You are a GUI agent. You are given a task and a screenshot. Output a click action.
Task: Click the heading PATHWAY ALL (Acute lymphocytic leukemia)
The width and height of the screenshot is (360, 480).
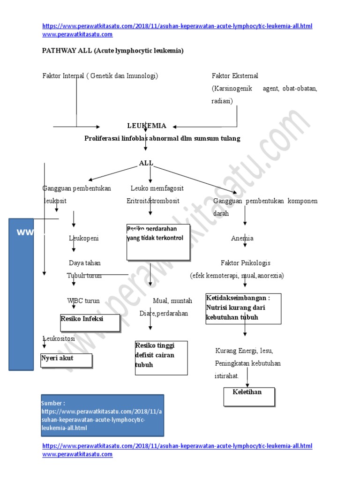(113, 51)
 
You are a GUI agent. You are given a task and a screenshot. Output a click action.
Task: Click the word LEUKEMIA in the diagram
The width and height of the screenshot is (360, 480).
(146, 126)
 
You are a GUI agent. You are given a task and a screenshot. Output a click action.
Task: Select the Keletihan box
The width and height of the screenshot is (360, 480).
(249, 396)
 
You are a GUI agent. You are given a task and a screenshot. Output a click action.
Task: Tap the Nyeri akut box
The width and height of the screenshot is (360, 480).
(66, 360)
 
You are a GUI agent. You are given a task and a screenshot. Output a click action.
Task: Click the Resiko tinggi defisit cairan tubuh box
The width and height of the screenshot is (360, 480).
(161, 358)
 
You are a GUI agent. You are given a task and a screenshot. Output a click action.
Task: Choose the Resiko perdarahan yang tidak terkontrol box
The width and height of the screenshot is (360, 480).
(158, 242)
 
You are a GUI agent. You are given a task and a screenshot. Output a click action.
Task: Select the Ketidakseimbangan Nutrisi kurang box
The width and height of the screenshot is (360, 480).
(243, 308)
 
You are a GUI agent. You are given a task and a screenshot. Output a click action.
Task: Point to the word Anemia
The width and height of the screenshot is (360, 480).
(242, 238)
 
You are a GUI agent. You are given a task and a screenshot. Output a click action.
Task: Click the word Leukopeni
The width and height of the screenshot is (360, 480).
(84, 238)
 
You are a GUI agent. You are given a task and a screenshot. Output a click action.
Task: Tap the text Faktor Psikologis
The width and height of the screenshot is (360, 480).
(245, 263)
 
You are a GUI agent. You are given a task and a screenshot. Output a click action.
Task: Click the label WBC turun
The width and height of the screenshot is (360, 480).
(83, 301)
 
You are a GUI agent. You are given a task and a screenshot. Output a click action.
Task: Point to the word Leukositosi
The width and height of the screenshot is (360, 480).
(59, 338)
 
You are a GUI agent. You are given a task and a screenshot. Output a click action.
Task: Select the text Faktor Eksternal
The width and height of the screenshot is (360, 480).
(235, 75)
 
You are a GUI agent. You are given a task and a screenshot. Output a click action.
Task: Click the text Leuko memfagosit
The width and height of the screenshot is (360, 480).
(157, 188)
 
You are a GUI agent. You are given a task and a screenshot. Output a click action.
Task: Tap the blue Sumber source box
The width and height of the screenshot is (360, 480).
(102, 415)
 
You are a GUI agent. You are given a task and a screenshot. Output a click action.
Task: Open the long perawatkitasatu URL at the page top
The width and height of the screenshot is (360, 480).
(177, 26)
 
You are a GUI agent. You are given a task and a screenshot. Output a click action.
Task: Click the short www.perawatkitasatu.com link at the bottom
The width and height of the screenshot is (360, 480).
(77, 454)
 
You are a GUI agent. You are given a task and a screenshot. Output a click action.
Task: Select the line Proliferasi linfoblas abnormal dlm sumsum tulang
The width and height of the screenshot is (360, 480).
(162, 138)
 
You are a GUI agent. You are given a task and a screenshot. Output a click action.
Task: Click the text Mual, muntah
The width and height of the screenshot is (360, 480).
(172, 301)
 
